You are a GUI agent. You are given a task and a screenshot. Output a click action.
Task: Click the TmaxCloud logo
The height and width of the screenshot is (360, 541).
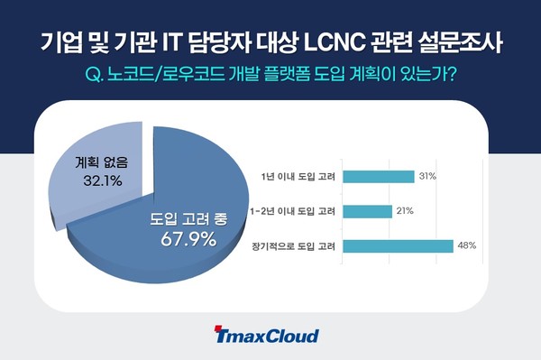click(267, 337)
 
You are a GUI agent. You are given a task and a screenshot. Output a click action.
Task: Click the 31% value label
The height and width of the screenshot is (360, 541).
click(426, 177)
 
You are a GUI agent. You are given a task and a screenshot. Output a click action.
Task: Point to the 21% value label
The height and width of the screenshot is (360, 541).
click(406, 211)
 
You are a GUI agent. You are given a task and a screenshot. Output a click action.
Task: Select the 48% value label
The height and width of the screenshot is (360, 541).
click(466, 245)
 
